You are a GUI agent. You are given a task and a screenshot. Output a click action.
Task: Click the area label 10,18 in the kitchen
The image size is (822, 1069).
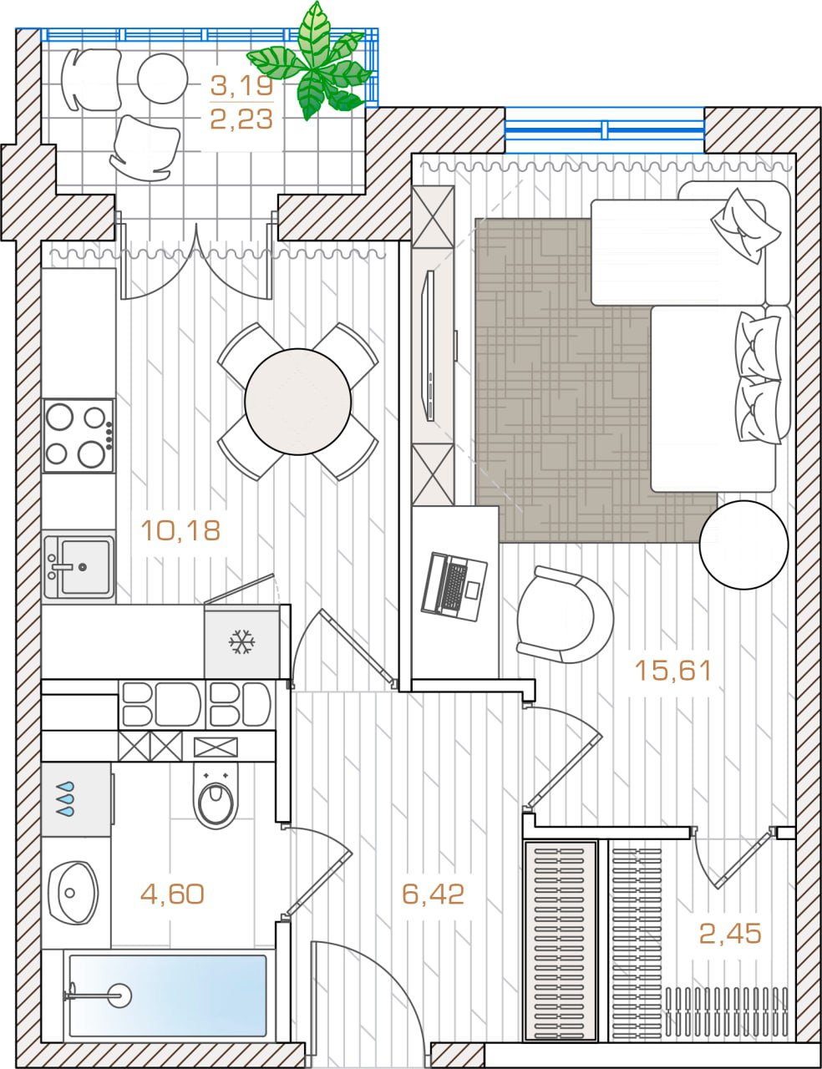coord(180,530)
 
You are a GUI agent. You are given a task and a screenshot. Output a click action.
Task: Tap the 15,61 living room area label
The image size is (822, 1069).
coord(673,671)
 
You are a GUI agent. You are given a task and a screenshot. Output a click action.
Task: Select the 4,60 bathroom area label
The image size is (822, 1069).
coord(172,894)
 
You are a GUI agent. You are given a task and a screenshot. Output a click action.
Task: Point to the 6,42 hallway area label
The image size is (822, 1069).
coord(433,894)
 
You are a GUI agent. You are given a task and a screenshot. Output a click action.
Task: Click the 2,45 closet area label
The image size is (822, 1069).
coord(730,933)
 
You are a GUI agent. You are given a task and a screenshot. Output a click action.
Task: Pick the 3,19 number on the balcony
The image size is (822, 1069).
coord(241,86)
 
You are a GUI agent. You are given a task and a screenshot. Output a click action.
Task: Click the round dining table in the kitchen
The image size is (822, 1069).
coord(298,402)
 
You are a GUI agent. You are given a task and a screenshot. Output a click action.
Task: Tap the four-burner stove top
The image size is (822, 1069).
coord(79,436)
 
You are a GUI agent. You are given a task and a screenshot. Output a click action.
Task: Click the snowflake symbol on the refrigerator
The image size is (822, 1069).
coord(242,641)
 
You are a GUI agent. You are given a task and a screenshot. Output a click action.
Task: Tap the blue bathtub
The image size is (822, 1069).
coord(167,996)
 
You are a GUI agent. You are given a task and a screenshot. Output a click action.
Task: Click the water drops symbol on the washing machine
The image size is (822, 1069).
coord(65,798)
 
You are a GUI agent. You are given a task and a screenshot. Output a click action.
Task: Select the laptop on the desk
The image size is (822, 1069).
coord(454,587)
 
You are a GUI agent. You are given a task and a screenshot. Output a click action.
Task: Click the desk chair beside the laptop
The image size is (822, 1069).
coord(565,615)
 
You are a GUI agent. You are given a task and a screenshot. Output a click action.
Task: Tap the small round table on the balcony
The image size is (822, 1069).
coord(162,79)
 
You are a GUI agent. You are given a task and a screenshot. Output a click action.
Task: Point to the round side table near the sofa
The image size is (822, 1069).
coord(743,545)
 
